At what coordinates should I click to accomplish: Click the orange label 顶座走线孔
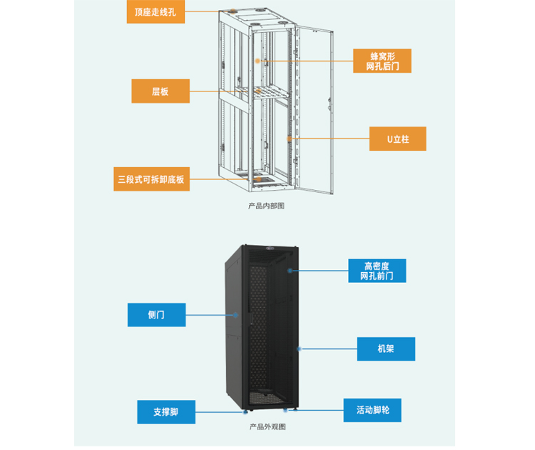tap(155, 12)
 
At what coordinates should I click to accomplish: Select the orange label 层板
tap(160, 91)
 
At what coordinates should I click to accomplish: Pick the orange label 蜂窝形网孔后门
tap(382, 61)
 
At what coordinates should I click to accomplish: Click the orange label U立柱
tap(397, 139)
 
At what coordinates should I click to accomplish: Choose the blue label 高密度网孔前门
tap(377, 270)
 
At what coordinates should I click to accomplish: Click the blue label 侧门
tap(156, 315)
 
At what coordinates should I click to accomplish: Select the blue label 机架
tap(386, 349)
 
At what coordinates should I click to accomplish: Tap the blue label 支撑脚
tap(165, 412)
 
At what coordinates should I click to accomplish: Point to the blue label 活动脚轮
tap(372, 410)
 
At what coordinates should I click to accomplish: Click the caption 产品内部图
tap(266, 206)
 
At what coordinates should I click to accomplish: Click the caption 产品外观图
tap(267, 427)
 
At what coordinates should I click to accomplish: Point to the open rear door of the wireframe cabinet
tap(315, 107)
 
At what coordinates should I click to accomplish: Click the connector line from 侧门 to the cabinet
tap(210, 315)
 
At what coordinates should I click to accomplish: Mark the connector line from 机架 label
tap(328, 349)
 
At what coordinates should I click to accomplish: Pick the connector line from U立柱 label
tap(329, 138)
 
